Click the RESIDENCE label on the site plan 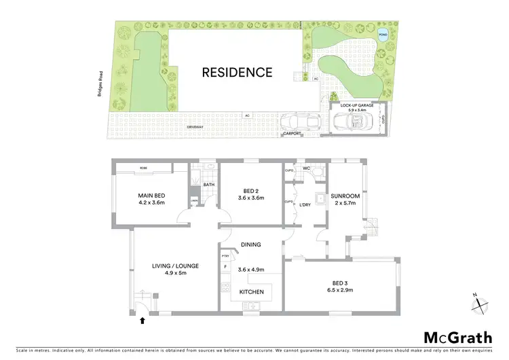tap(236, 72)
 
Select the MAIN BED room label tap(152, 196)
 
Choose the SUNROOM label tap(345, 196)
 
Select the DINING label tap(250, 245)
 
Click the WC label tap(306, 168)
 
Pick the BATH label tap(208, 184)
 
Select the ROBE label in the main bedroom tap(144, 167)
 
